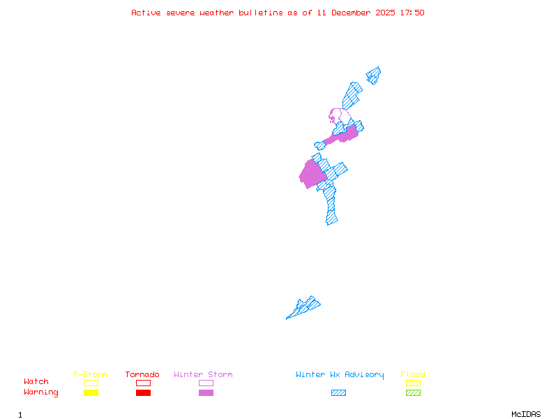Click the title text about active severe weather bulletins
click(278, 13)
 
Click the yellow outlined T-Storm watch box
click(91, 383)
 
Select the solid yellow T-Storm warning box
click(91, 392)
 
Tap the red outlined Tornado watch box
click(143, 383)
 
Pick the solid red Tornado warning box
click(143, 392)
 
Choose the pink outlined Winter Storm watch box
click(206, 383)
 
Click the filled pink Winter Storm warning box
click(206, 392)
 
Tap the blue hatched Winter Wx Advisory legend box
click(338, 392)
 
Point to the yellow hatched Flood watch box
click(413, 383)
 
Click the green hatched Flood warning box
click(413, 392)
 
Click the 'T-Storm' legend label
click(90, 374)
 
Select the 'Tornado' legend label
click(142, 374)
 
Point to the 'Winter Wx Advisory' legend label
click(340, 374)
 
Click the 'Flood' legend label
click(413, 374)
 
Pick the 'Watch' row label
click(36, 382)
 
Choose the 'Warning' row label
click(41, 392)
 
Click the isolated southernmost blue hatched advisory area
click(305, 307)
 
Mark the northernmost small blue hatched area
click(374, 75)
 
